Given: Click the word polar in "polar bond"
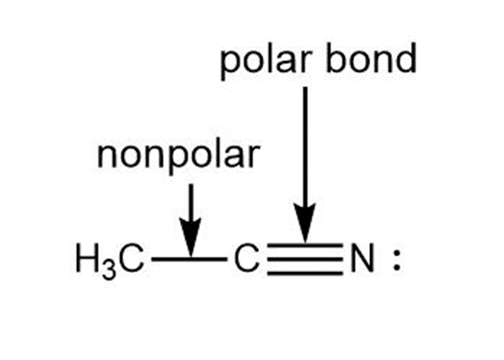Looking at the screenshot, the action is pos(266,62).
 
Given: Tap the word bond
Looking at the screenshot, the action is pos(371,58).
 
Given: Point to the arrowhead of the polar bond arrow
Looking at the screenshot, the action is pos(305,223).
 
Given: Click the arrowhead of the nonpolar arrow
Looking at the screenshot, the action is pos(191,238).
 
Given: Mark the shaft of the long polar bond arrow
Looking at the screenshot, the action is pos(305,145).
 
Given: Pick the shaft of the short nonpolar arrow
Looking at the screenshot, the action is pos(191,202).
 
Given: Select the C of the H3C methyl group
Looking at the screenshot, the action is pos(131,258).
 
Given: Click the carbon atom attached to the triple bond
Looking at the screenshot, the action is pos(247,258).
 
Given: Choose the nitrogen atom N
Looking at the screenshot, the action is pos(363,258).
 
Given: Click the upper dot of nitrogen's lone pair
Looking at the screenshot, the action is pos(397,253).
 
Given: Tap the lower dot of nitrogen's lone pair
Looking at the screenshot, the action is pos(397,267).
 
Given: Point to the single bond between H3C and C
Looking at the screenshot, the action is pos(189,258).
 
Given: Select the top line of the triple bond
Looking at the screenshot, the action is pos(305,245).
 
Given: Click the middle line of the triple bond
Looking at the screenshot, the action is pos(305,258).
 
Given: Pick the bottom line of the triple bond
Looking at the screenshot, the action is pos(305,273).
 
